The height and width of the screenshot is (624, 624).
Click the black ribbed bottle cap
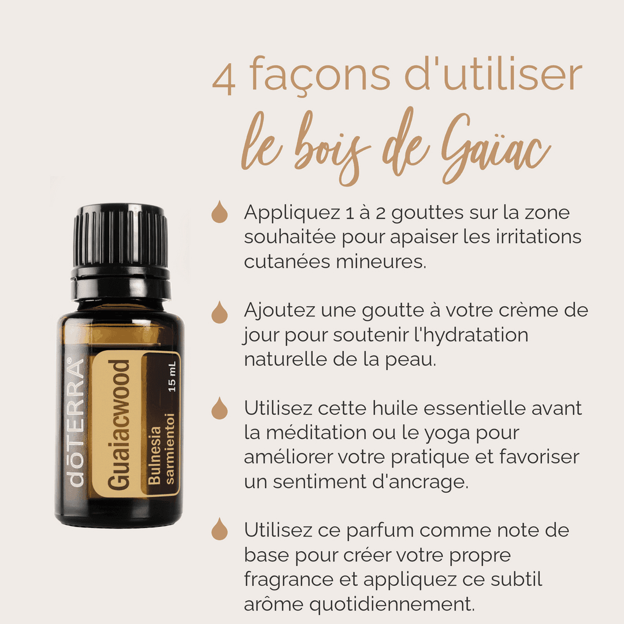click(x=121, y=251)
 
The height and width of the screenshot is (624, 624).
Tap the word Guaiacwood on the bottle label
click(x=118, y=425)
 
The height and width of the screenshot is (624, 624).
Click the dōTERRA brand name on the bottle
click(x=76, y=422)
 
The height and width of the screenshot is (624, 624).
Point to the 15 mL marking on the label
click(x=172, y=377)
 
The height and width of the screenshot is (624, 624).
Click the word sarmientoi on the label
click(x=169, y=448)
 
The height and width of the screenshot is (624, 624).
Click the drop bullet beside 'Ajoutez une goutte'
click(x=220, y=312)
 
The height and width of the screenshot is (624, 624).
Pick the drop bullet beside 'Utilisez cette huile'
click(x=220, y=408)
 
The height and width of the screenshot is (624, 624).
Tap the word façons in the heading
click(x=320, y=74)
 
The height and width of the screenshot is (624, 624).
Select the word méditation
click(x=317, y=433)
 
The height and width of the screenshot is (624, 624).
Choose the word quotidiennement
click(x=392, y=605)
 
